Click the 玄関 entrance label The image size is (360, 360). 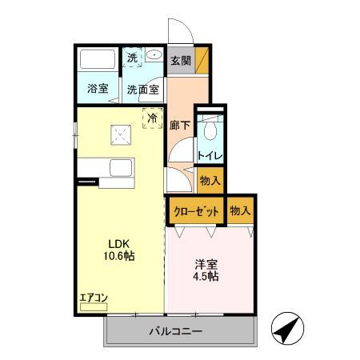pos(179,60)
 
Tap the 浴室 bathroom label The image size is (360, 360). pos(98,89)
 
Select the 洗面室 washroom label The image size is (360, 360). pos(144,89)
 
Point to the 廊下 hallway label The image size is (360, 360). pos(179,125)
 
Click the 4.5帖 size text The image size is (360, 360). pos(206,276)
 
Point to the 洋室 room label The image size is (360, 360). pos(206,263)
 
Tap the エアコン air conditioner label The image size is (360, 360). pos(93,298)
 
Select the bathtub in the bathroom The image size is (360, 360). pos(98,61)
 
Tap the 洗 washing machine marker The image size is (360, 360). pos(133,57)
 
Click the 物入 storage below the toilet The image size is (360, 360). pos(210,181)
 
